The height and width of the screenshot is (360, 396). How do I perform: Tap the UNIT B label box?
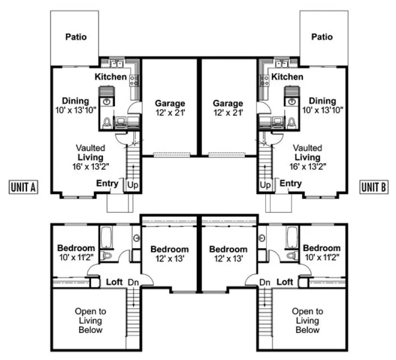coord(374,187)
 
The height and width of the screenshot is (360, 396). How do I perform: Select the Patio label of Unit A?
coord(76,37)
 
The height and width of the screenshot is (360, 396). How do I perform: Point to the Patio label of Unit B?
coord(322,37)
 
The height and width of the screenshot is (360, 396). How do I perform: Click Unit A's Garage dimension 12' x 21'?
coord(170,112)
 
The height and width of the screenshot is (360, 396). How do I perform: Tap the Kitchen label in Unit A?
coord(111,77)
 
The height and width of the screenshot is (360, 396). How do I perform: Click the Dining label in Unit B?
coord(322,101)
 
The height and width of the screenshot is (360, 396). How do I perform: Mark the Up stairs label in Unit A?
coord(132,185)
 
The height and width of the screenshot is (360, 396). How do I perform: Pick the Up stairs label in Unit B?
coord(265,185)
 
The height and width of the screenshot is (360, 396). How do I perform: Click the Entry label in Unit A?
coord(107,184)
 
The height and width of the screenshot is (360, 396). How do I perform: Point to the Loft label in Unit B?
coord(285,282)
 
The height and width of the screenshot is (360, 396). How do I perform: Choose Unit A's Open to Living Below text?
coord(90,320)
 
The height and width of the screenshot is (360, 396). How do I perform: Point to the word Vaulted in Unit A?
coord(90,147)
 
